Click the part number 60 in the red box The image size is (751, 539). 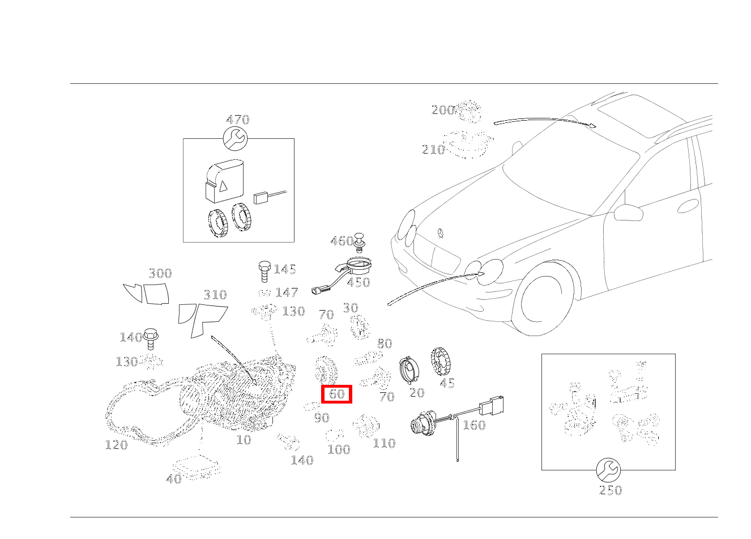pyautogui.click(x=336, y=394)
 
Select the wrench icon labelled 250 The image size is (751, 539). pyautogui.click(x=608, y=470)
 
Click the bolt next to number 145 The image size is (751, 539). pyautogui.click(x=264, y=271)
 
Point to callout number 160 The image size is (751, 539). pyautogui.click(x=473, y=425)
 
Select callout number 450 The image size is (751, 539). pyautogui.click(x=358, y=282)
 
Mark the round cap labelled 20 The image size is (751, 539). pyautogui.click(x=408, y=371)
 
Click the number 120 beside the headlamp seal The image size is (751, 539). pyautogui.click(x=116, y=445)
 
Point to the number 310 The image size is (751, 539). pyautogui.click(x=215, y=295)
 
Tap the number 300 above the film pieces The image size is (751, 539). pyautogui.click(x=160, y=274)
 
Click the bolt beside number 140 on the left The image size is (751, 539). pyautogui.click(x=150, y=339)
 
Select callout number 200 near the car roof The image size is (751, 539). pyautogui.click(x=443, y=111)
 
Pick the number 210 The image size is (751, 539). pyautogui.click(x=433, y=150)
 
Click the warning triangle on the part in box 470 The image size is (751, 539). pyautogui.click(x=223, y=185)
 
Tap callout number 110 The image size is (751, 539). pyautogui.click(x=383, y=443)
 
